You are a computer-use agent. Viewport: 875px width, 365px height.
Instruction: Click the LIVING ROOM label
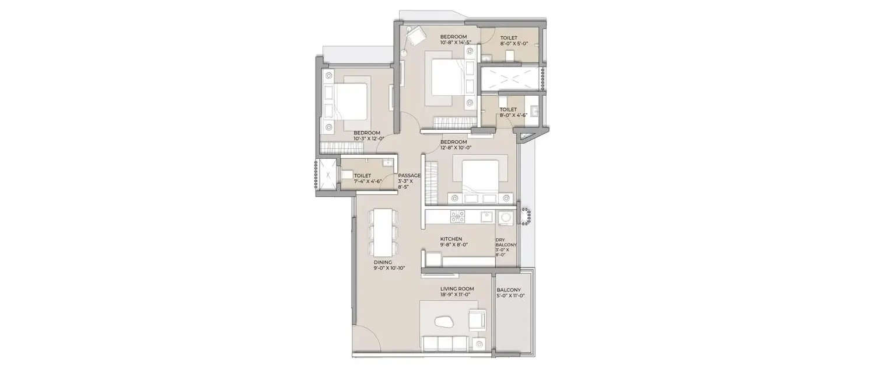(x=457, y=288)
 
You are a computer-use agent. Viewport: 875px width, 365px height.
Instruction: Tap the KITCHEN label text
(x=451, y=239)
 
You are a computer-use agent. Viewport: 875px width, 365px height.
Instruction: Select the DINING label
(x=383, y=263)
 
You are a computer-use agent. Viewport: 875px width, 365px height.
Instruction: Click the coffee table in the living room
(x=447, y=320)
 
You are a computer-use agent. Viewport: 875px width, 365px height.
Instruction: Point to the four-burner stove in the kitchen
(x=457, y=217)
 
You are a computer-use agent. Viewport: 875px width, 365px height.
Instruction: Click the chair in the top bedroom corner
(x=416, y=36)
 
